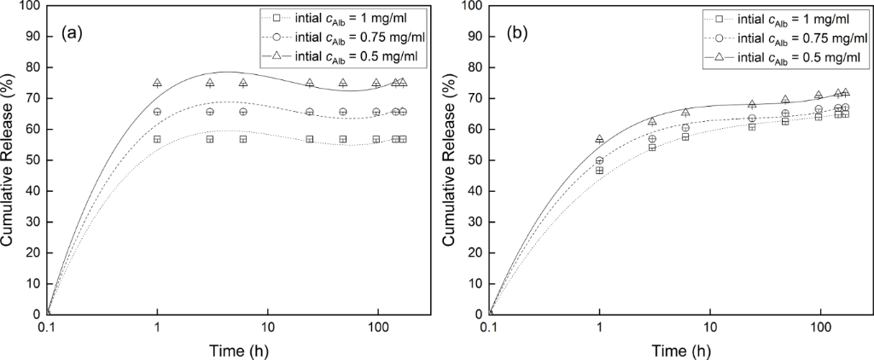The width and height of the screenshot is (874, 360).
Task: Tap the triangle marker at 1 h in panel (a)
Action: pyautogui.click(x=157, y=83)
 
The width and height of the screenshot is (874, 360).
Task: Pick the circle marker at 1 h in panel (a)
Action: pyautogui.click(x=157, y=112)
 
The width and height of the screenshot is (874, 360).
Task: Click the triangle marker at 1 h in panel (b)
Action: pyautogui.click(x=600, y=138)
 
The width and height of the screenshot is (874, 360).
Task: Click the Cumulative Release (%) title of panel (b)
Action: pyautogui.click(x=451, y=160)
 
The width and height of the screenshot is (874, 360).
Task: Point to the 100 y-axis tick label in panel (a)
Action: pyautogui.click(x=29, y=6)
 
